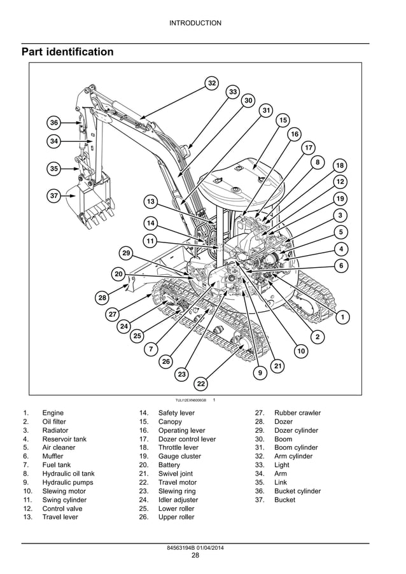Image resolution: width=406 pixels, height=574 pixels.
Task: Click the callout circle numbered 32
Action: pyautogui.click(x=213, y=83)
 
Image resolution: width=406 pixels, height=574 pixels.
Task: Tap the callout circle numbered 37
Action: pyautogui.click(x=54, y=196)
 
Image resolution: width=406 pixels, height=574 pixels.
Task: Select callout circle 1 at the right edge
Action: pyautogui.click(x=343, y=316)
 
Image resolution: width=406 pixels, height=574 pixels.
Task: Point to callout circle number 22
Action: pyautogui.click(x=201, y=384)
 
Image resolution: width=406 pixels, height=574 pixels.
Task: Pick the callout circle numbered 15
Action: pyautogui.click(x=283, y=120)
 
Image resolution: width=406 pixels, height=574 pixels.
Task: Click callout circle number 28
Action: pyautogui.click(x=102, y=298)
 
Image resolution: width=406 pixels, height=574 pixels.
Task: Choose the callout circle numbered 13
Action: pyautogui.click(x=150, y=202)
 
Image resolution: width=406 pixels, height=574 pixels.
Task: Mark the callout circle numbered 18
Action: pyautogui.click(x=340, y=165)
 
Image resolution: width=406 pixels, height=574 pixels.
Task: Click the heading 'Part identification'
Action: pyautogui.click(x=67, y=52)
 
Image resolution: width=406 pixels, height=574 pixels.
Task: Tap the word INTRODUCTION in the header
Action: pyautogui.click(x=195, y=23)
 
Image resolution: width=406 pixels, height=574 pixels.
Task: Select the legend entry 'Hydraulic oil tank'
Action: pyautogui.click(x=68, y=473)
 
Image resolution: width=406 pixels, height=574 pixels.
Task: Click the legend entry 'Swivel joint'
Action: pyautogui.click(x=176, y=473)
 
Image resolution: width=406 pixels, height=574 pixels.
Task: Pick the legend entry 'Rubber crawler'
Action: pyautogui.click(x=297, y=413)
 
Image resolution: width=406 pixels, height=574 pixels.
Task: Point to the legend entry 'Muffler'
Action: pyautogui.click(x=53, y=456)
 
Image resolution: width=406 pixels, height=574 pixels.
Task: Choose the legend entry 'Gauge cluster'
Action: pyautogui.click(x=179, y=456)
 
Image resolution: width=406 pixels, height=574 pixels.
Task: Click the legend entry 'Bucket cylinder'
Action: pyautogui.click(x=297, y=491)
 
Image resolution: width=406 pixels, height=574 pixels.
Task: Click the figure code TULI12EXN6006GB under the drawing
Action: pyautogui.click(x=191, y=400)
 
